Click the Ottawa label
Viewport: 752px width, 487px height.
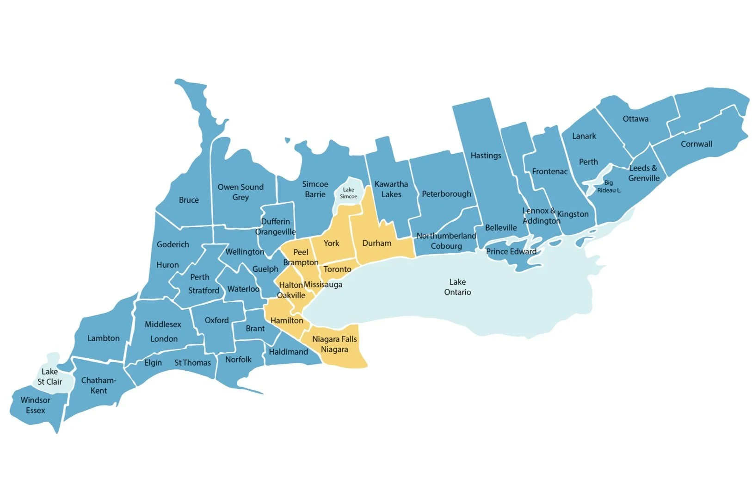pos(635,119)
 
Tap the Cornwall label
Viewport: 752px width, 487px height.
pos(696,144)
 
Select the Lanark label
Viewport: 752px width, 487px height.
pos(584,136)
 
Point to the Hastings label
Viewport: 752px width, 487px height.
pos(486,156)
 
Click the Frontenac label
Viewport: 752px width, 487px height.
pos(549,171)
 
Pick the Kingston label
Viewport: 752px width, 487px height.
pos(573,214)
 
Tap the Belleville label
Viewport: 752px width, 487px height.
pos(501,228)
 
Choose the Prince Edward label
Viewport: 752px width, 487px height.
pos(511,251)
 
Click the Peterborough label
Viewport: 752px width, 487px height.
pos(446,194)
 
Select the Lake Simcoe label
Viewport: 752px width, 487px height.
pos(348,193)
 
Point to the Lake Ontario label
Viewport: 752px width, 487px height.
pos(457,287)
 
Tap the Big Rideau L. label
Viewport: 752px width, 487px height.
pos(609,187)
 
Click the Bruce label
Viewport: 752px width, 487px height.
pos(189,200)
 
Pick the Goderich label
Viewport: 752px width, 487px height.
pos(173,244)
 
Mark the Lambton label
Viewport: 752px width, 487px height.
pos(104,338)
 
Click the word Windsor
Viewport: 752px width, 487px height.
pos(36,400)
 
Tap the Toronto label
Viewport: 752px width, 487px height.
pos(337,269)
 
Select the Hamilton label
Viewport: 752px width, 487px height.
pos(287,320)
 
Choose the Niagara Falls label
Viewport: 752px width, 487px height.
pos(334,339)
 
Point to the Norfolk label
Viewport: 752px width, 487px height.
pos(238,360)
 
